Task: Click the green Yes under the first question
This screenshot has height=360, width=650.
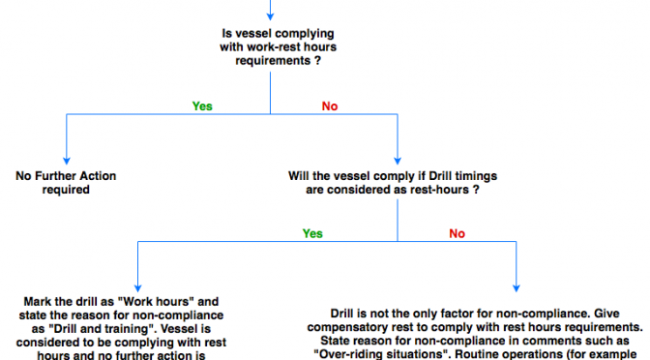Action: [x=202, y=106]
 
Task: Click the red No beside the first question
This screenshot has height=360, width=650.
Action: [x=330, y=106]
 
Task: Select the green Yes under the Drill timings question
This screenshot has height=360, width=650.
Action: [x=312, y=233]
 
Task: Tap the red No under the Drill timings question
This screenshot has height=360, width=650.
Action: [x=457, y=233]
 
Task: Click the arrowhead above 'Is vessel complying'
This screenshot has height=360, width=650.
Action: [x=270, y=16]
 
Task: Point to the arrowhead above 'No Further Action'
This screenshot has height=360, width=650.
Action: [x=67, y=161]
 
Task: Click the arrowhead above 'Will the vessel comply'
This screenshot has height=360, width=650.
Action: [x=398, y=161]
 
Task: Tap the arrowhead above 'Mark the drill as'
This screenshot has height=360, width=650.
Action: [x=137, y=288]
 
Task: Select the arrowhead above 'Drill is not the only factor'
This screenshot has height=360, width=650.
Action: [x=517, y=288]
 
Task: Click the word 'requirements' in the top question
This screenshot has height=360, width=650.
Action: [x=273, y=61]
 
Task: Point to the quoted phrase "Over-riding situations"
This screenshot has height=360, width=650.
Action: [x=379, y=354]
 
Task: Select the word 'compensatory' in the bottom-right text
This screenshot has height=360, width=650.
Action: [x=346, y=327]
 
